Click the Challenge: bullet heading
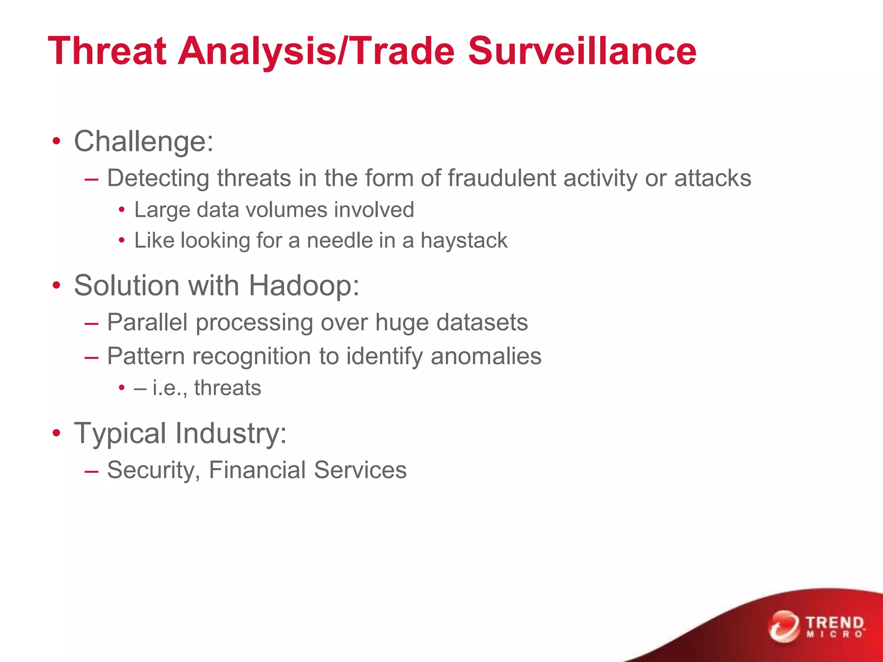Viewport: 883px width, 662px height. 144,141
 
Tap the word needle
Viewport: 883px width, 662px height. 339,240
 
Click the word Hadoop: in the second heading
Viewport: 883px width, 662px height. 304,286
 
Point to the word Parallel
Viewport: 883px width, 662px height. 147,322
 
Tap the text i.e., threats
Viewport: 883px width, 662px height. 207,388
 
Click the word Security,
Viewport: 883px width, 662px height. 153,470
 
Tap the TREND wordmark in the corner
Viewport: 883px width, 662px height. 835,623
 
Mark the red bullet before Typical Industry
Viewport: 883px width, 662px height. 56,433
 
